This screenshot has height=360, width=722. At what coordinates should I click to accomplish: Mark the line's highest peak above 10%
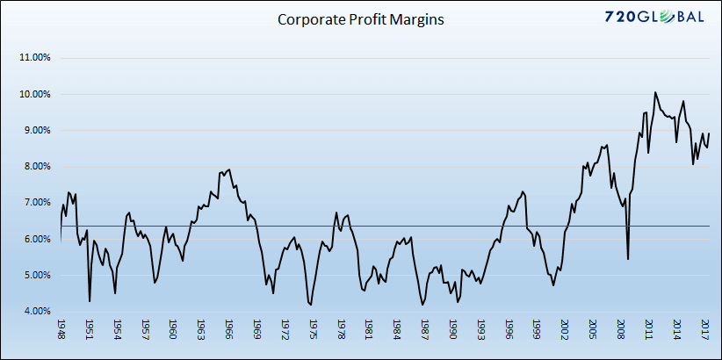click(654, 92)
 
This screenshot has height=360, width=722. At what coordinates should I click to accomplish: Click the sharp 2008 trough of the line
click(627, 259)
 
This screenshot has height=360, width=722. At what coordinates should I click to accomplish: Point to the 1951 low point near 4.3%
click(90, 301)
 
